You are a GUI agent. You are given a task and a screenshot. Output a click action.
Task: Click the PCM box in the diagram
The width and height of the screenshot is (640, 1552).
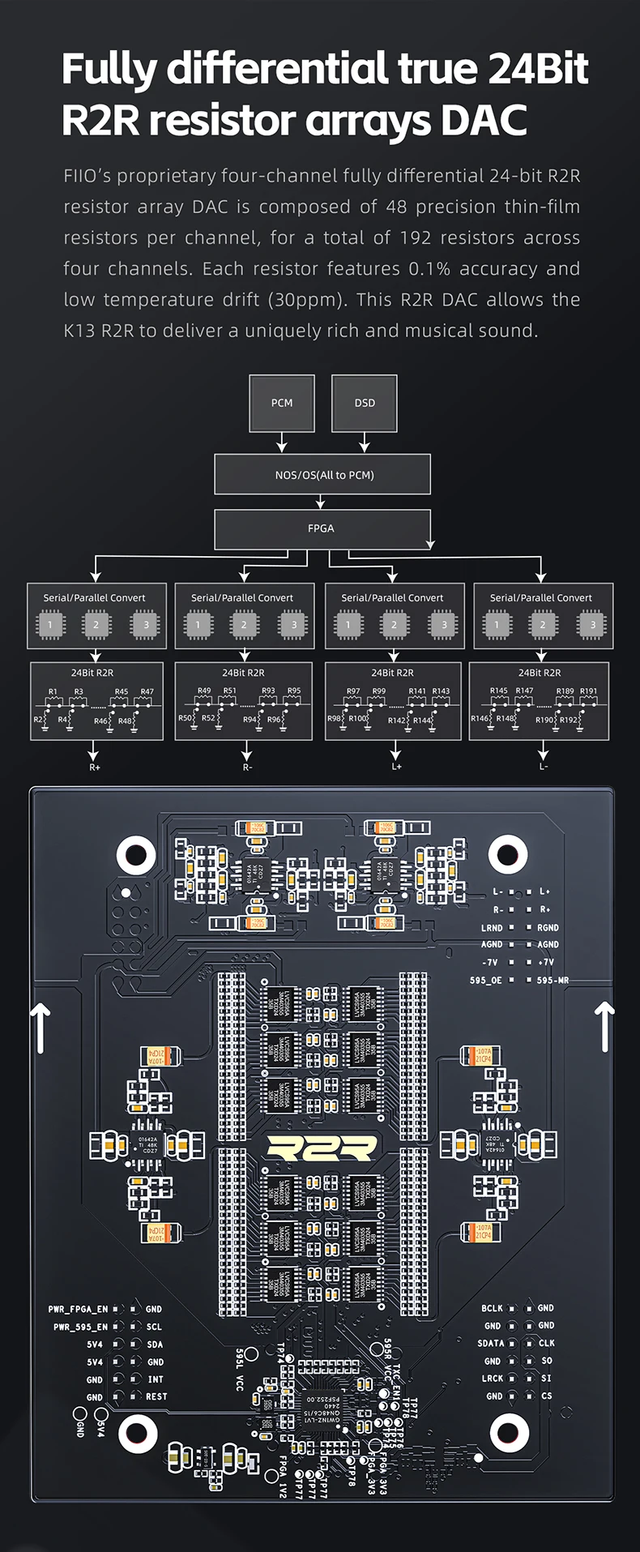click(282, 403)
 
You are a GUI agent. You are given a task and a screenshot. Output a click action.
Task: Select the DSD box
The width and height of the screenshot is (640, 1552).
click(365, 403)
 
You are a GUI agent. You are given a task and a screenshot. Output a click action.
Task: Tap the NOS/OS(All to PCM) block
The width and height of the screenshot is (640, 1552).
click(322, 475)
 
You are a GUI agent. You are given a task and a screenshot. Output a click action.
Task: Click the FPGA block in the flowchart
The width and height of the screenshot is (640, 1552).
click(322, 528)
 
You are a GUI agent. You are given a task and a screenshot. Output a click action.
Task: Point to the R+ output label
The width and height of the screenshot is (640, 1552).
click(95, 767)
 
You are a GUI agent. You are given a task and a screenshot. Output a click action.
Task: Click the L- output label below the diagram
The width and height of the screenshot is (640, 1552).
click(544, 767)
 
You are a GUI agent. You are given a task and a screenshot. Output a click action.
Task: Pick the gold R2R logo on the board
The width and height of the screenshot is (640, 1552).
click(322, 1148)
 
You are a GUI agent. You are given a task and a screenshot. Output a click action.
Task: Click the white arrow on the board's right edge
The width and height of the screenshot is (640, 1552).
click(604, 1026)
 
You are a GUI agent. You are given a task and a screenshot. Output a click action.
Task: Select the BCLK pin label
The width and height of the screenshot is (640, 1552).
click(492, 1308)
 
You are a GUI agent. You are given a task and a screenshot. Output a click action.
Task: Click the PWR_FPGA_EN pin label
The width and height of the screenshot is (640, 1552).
click(78, 1309)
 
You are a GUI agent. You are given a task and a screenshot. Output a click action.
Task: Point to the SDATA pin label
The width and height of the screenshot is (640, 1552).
click(491, 1343)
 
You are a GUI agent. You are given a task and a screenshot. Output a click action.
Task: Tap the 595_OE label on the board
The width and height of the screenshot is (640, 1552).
click(486, 980)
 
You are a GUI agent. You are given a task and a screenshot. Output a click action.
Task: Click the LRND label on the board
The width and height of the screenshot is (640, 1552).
click(492, 927)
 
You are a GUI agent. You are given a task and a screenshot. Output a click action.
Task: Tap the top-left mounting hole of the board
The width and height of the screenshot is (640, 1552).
click(136, 853)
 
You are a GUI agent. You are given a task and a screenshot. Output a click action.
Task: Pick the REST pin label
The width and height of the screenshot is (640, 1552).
click(156, 1396)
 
